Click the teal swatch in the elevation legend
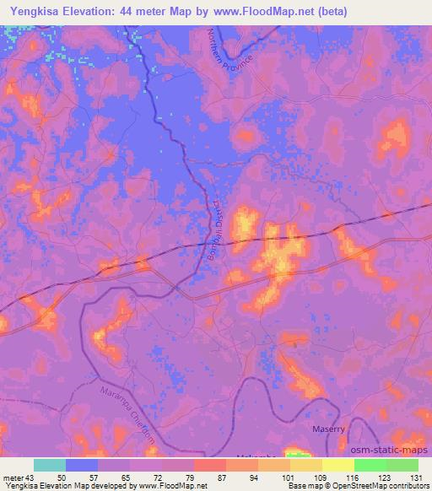coord(49,465)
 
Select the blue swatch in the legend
coord(81,465)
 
